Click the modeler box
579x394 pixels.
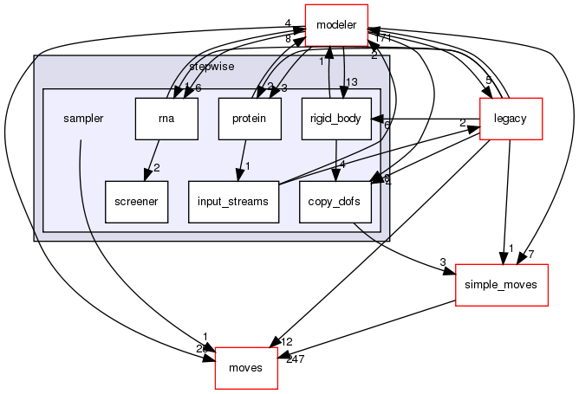(336, 24)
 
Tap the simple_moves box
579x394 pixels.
(502, 285)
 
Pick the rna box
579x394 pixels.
(166, 119)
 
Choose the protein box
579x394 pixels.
(250, 119)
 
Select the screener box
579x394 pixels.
(136, 201)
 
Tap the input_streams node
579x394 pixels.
(233, 201)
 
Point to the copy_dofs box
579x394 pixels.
(337, 201)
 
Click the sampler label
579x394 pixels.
(84, 119)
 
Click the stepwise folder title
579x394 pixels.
(211, 66)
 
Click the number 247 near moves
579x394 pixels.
(296, 358)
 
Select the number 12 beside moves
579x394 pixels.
(287, 343)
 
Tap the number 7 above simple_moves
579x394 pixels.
(530, 253)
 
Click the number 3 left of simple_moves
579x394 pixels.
(441, 262)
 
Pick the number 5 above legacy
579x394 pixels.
(488, 81)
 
